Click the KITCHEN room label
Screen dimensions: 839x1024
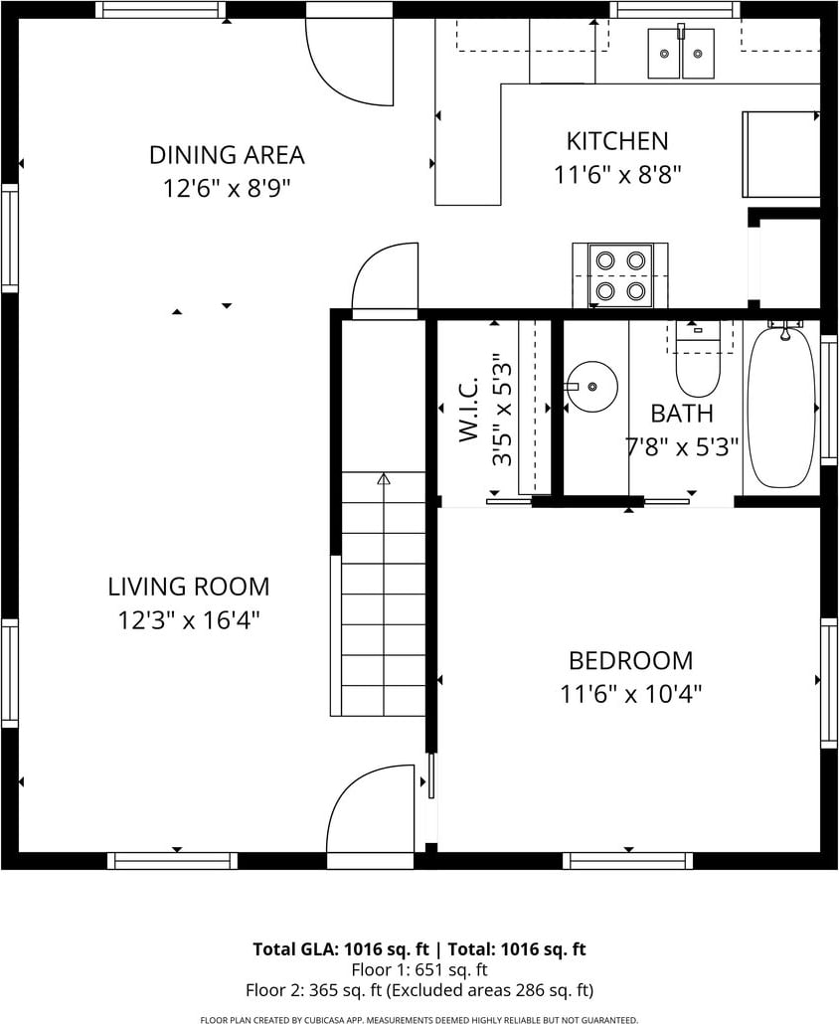pyautogui.click(x=617, y=141)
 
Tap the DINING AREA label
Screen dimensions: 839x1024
pyautogui.click(x=227, y=155)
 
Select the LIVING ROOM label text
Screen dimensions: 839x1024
pyautogui.click(x=189, y=587)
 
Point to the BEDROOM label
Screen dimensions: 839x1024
pyautogui.click(x=630, y=661)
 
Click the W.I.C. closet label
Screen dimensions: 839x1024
pyautogui.click(x=469, y=409)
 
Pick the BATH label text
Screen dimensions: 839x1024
pyautogui.click(x=682, y=414)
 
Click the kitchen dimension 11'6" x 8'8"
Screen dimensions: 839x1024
pyautogui.click(x=617, y=175)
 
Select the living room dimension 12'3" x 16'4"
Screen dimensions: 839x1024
pyautogui.click(x=189, y=619)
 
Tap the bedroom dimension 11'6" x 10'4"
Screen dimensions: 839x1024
pyautogui.click(x=630, y=694)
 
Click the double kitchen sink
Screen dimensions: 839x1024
pyautogui.click(x=682, y=53)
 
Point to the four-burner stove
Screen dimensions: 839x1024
pyautogui.click(x=620, y=275)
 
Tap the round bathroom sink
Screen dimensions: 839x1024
pyautogui.click(x=590, y=387)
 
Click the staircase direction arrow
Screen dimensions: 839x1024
pyautogui.click(x=384, y=479)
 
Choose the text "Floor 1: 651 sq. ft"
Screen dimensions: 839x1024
pyautogui.click(x=419, y=969)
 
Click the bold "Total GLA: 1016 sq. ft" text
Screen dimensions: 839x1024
pyautogui.click(x=341, y=948)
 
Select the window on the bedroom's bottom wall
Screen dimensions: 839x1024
pyautogui.click(x=628, y=861)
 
